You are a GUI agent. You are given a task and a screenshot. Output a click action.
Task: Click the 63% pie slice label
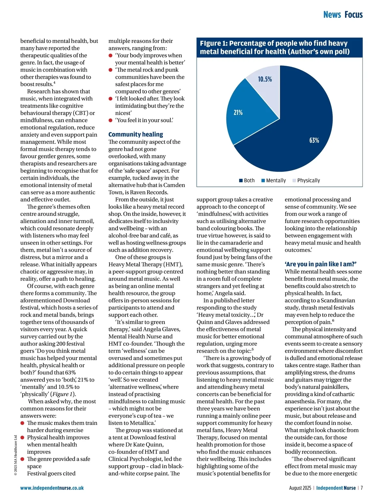(314, 140)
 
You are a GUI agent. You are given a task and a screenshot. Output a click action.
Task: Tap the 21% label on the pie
(238, 112)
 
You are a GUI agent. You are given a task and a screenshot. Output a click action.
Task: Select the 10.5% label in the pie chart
(265, 79)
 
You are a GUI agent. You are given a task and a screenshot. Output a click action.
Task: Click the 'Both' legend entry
(247, 180)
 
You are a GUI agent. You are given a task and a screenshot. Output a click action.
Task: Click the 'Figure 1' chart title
(275, 47)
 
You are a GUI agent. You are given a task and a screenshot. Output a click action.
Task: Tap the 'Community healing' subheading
(136, 134)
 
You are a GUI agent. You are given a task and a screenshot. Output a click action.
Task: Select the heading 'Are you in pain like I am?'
(320, 264)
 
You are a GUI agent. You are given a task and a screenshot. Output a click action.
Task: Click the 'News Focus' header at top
(343, 15)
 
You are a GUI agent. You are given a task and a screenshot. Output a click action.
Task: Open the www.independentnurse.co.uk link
(52, 488)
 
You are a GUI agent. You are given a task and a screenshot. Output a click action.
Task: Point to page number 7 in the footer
(362, 488)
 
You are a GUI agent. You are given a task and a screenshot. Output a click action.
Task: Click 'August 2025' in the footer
(300, 488)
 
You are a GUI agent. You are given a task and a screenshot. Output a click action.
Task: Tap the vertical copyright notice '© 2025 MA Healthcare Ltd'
(15, 455)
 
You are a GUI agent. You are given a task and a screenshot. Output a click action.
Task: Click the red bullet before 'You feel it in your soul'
(110, 120)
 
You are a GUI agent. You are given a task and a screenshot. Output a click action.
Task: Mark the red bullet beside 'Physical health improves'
(22, 438)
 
